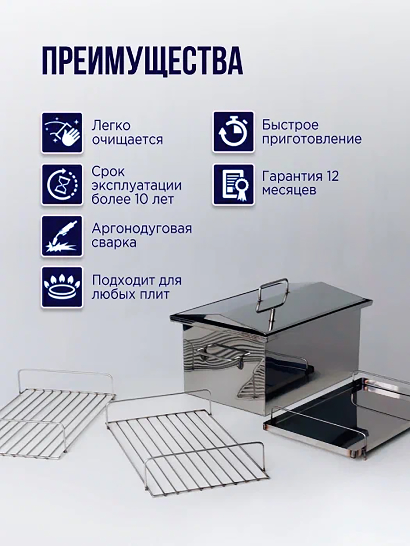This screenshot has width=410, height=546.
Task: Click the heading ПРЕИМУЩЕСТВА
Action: [x=142, y=61]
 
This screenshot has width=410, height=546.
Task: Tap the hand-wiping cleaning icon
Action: [x=62, y=133]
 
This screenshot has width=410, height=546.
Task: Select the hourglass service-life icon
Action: [x=62, y=185]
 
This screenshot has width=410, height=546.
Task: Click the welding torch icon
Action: [x=62, y=236]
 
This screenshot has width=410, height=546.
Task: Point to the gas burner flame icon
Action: [x=62, y=287]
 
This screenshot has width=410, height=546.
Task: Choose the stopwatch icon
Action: [x=234, y=132]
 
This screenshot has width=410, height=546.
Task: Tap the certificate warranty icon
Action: [x=234, y=185]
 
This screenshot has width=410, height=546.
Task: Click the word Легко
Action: [x=111, y=126]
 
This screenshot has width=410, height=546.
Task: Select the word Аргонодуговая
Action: [x=142, y=229]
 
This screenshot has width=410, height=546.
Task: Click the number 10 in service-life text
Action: [x=143, y=199]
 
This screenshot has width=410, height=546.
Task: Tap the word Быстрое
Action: [x=291, y=125]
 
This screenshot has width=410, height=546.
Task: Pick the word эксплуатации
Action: [x=137, y=186]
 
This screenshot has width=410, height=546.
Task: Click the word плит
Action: [x=157, y=295]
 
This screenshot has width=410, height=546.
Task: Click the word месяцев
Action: [x=289, y=190]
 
